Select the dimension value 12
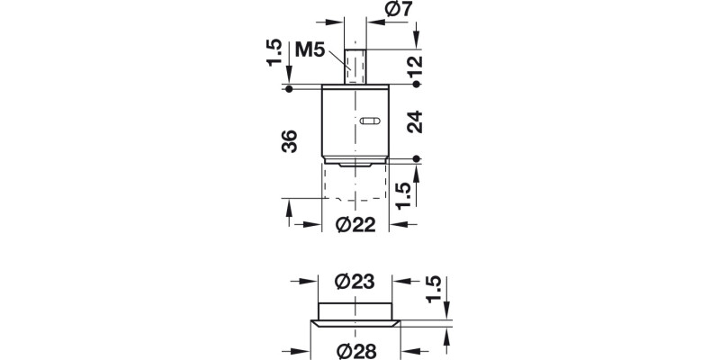tap(414, 65)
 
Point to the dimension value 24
tap(414, 121)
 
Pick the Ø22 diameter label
tap(355, 225)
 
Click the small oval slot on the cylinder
tap(370, 121)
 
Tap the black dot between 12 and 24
tap(417, 84)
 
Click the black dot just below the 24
tap(417, 159)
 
